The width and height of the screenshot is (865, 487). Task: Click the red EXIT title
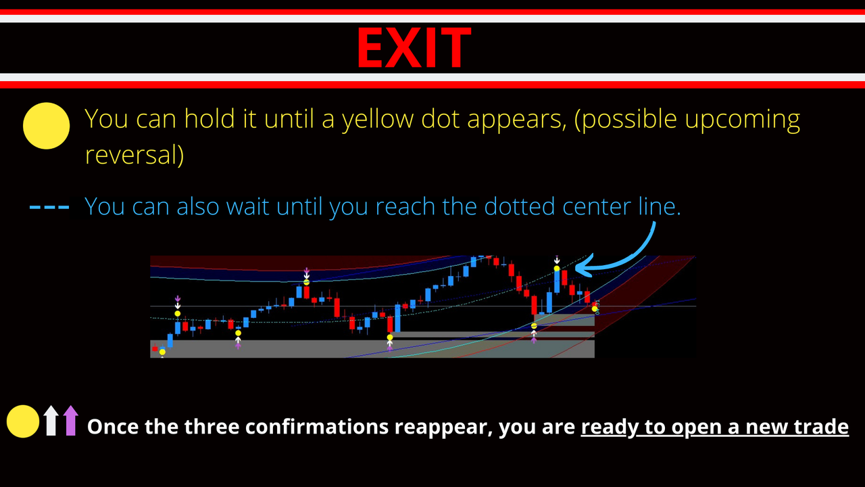point(414,47)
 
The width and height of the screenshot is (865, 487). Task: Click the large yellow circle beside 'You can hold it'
point(47,126)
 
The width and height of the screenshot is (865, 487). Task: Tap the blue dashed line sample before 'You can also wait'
point(49,207)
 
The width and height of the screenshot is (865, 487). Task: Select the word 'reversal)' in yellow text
point(134,155)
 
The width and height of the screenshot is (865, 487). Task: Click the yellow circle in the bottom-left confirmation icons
point(23,421)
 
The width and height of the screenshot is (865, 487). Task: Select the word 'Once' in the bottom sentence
point(111,427)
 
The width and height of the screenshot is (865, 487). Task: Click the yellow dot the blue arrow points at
point(557,269)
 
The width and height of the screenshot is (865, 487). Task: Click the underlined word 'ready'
point(605,427)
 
